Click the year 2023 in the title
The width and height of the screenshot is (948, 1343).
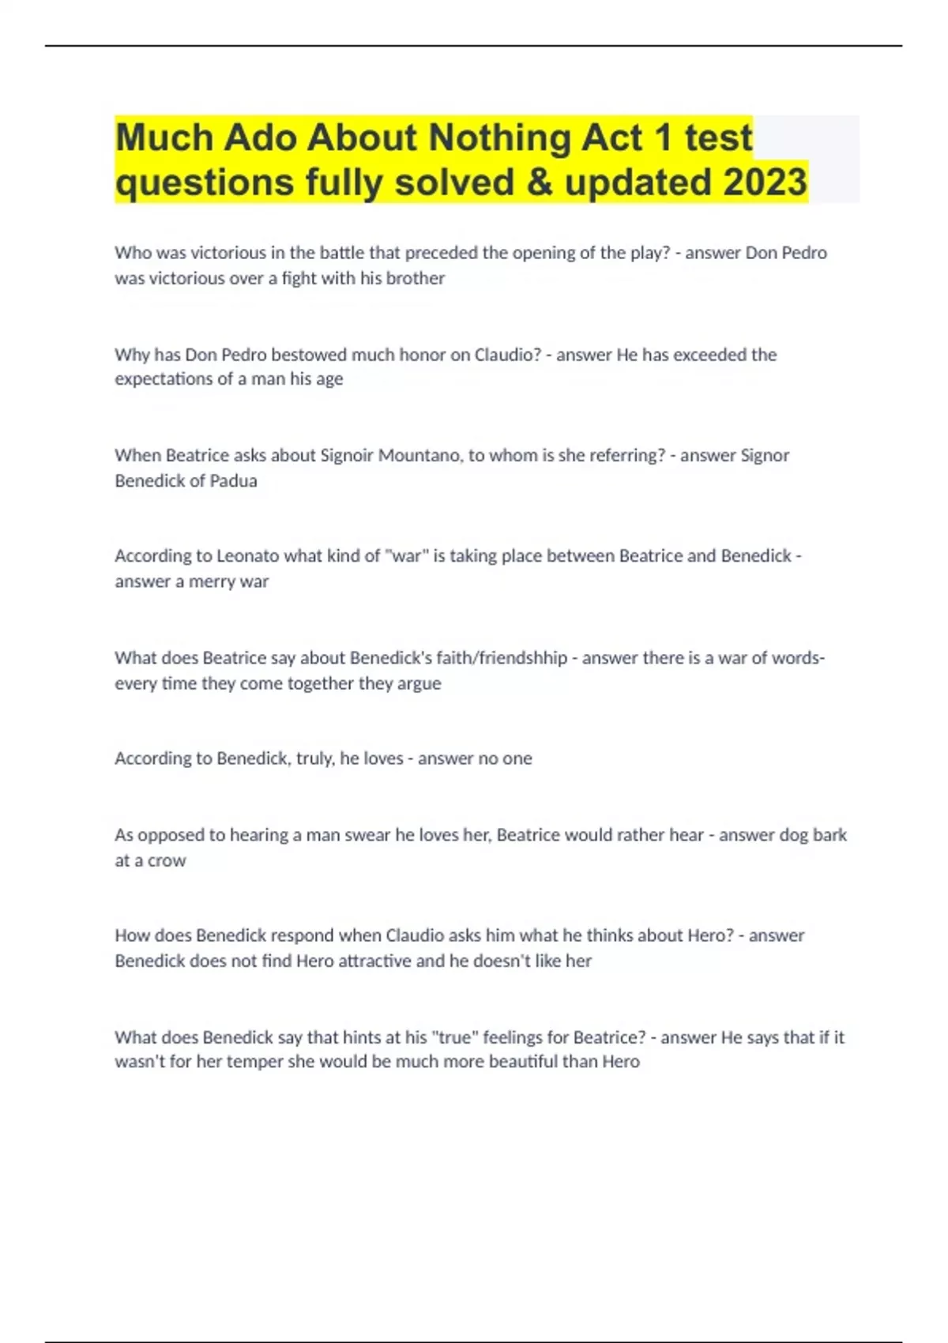765,182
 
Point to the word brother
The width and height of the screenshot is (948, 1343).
415,278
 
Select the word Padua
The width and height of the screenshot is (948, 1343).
233,480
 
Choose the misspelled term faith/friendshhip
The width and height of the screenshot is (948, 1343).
458,658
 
